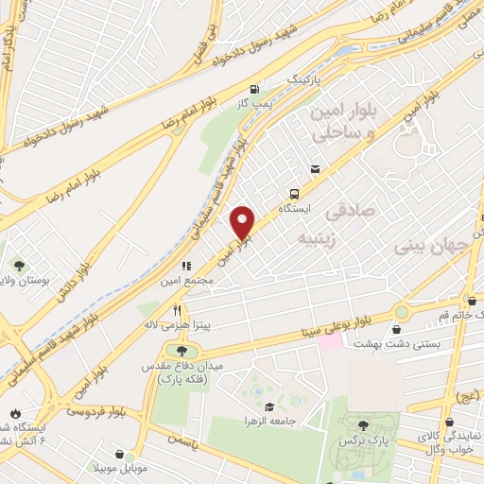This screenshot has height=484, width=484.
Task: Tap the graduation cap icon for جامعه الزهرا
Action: point(270,406)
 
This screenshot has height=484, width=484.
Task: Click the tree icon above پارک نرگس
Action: point(365,426)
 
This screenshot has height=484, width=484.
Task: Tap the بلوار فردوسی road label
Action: point(95,412)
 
